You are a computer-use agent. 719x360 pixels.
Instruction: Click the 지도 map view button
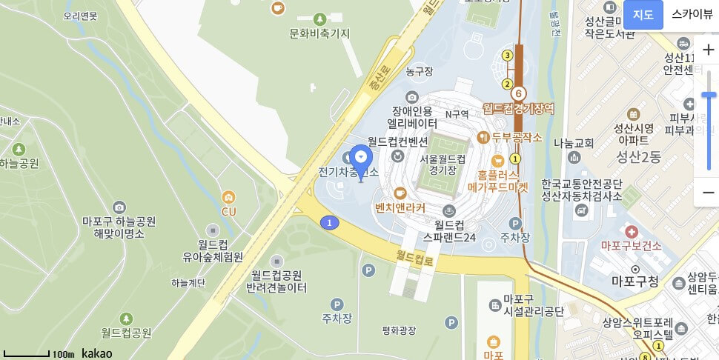[643, 14]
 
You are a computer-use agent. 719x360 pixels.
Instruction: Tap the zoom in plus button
[708, 50]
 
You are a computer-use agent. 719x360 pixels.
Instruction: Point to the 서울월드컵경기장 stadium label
[443, 164]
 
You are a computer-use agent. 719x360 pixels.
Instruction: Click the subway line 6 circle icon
[518, 94]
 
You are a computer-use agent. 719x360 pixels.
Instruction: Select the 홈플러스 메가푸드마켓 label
[503, 181]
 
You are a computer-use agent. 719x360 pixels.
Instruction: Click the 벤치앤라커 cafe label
[400, 208]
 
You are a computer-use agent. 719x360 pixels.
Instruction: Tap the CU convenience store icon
[228, 198]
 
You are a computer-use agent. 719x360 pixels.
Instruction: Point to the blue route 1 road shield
[329, 222]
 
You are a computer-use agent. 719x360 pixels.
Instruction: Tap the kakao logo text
[97, 353]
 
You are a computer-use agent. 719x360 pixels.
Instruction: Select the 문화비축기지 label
[319, 33]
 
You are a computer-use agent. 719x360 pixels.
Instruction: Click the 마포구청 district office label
[634, 281]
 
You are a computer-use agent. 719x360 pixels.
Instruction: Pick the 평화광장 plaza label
[399, 330]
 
